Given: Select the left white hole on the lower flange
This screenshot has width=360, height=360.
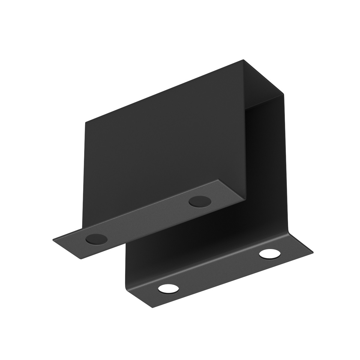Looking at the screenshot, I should point(168,289).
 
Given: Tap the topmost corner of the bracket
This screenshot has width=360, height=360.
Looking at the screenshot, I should point(242,60).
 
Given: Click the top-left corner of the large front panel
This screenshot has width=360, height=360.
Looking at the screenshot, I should point(85,122).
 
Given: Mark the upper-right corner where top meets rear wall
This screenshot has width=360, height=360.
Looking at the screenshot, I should point(283,94).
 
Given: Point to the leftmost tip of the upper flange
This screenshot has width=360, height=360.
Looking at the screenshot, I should point(53,239).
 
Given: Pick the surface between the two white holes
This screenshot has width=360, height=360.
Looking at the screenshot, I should point(219,271).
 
